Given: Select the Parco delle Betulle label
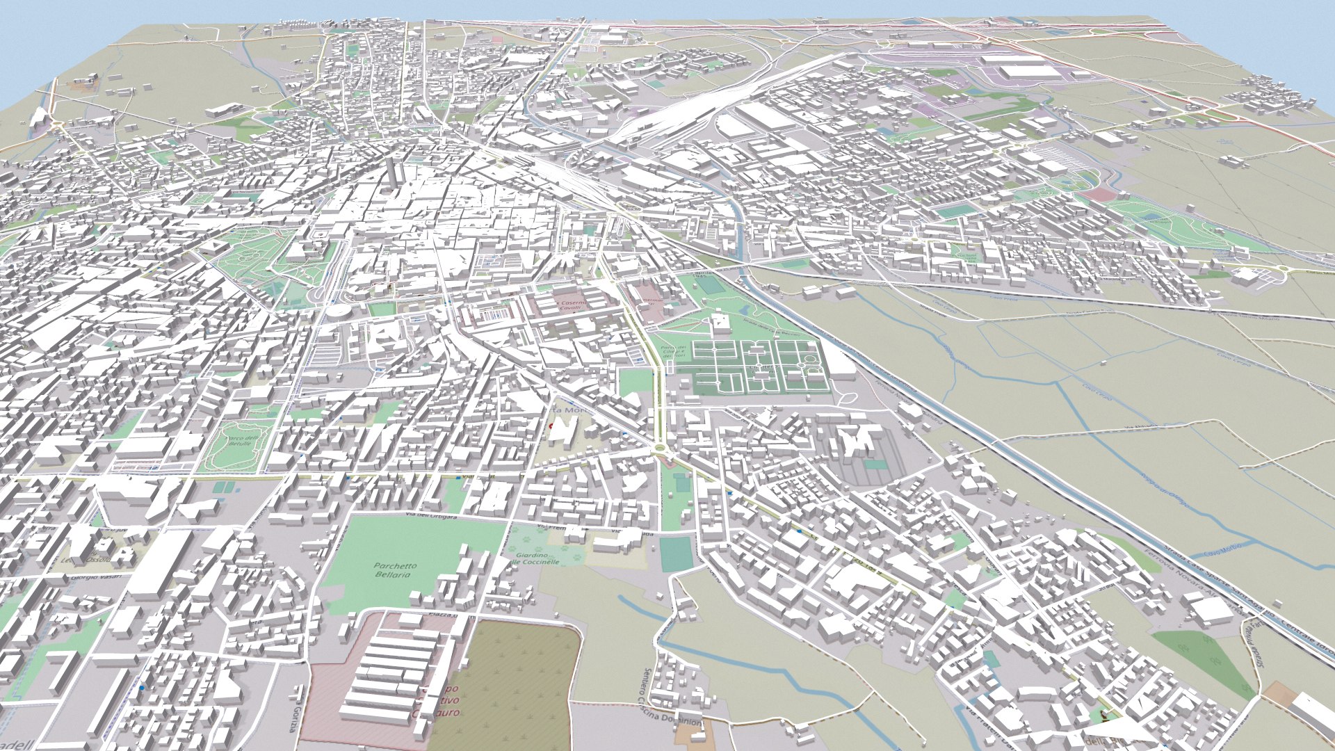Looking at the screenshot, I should [x=241, y=441].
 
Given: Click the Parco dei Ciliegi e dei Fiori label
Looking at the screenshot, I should [x=672, y=353].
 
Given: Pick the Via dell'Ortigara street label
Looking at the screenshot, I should [x=431, y=517].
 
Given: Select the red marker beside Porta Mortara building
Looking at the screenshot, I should [x=550, y=425].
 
